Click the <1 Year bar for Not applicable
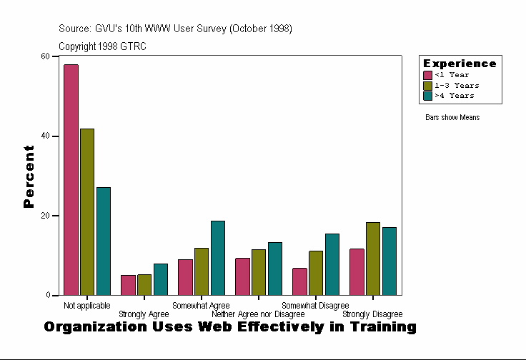click(x=71, y=180)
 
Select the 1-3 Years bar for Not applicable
click(x=87, y=212)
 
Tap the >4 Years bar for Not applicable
click(x=104, y=241)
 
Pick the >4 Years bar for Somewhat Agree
click(x=218, y=258)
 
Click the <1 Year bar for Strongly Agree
click(x=128, y=285)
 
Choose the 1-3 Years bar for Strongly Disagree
click(x=373, y=259)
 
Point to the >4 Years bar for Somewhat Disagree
click(x=332, y=264)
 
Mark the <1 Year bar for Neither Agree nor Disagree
click(x=242, y=276)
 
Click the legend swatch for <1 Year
click(x=428, y=75)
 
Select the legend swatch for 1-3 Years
click(x=428, y=85)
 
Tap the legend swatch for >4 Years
click(x=428, y=95)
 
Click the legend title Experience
click(x=460, y=64)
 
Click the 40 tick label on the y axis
click(x=46, y=136)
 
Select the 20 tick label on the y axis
click(x=46, y=216)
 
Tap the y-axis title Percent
click(x=29, y=176)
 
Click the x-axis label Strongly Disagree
click(x=372, y=314)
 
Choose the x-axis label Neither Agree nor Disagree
click(x=258, y=314)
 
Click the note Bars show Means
click(x=452, y=118)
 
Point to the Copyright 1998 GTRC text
click(x=102, y=46)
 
